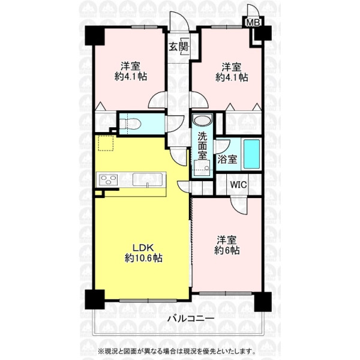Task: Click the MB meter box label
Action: pos(253,23)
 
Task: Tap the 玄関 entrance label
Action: pos(179,47)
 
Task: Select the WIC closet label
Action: pos(239,185)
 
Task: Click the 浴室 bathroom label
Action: pos(227,160)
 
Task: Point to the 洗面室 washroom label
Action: pos(203,146)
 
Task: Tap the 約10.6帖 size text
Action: pos(143,258)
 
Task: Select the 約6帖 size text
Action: pos(227,250)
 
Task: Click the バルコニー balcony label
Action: pos(191,319)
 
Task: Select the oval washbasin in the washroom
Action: pos(202,121)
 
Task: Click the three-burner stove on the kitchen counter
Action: pos(108,179)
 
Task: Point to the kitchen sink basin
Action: pos(148,179)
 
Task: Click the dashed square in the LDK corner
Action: pos(106,143)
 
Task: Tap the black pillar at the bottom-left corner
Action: pos(95,299)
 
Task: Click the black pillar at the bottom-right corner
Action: pos(263,302)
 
